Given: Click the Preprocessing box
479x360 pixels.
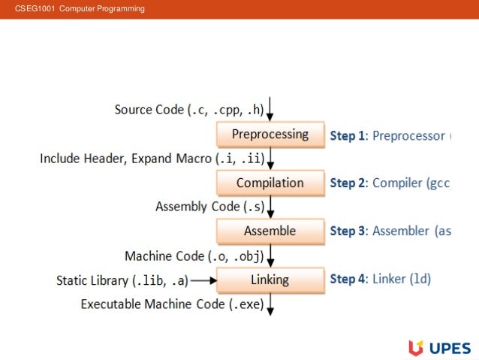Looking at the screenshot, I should coord(270,135).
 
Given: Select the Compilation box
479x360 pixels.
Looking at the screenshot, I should coord(270,183).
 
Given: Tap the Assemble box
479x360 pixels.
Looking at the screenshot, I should coord(270,231).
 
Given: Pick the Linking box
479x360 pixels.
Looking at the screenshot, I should coord(270,280).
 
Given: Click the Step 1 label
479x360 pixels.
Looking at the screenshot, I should coord(348,136).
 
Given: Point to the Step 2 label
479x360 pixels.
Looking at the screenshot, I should coord(348,183).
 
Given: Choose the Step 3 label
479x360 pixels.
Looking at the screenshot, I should coord(348,231).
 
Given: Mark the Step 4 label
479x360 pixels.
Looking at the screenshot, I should coord(348,280).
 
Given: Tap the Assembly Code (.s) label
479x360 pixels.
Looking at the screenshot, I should coord(209,207).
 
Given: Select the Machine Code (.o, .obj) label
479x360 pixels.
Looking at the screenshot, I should coord(194,256).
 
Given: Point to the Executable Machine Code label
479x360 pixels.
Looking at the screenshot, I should coord(172,304).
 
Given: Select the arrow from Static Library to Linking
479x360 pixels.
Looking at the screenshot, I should coord(203,281).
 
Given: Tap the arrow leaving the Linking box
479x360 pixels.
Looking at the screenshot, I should coord(270,304).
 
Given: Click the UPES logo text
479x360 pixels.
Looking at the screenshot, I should coord(450,347).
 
